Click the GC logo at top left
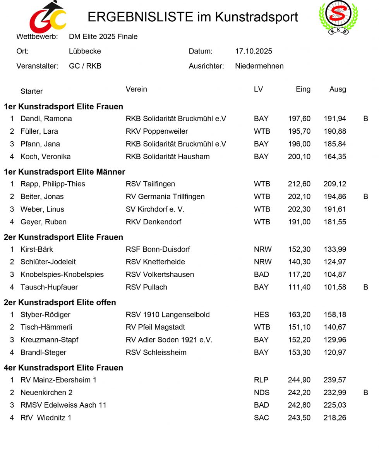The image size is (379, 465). [48, 18]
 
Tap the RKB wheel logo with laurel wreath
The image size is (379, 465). [338, 17]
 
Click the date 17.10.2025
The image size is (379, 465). [254, 51]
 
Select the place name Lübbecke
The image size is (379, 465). [85, 51]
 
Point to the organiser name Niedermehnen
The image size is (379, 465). [259, 66]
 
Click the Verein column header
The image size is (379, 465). [136, 89]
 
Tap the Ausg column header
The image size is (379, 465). [338, 89]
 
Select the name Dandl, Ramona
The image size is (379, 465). [46, 119]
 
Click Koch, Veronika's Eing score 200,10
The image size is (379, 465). [299, 157]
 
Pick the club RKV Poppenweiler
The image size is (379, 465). [157, 131]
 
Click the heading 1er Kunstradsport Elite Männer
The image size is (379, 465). [64, 172]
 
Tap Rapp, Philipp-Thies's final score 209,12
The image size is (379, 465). [335, 184]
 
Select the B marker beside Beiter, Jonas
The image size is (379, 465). [365, 196]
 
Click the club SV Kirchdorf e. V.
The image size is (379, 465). [155, 209]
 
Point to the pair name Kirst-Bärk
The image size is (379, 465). [37, 249]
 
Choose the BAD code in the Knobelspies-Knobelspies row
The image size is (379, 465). [261, 274]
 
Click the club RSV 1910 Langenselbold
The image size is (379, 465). [168, 315]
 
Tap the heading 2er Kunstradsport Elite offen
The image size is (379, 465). [60, 302]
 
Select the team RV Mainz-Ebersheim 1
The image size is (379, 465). [58, 380]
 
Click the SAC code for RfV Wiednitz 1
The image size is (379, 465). [261, 418]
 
